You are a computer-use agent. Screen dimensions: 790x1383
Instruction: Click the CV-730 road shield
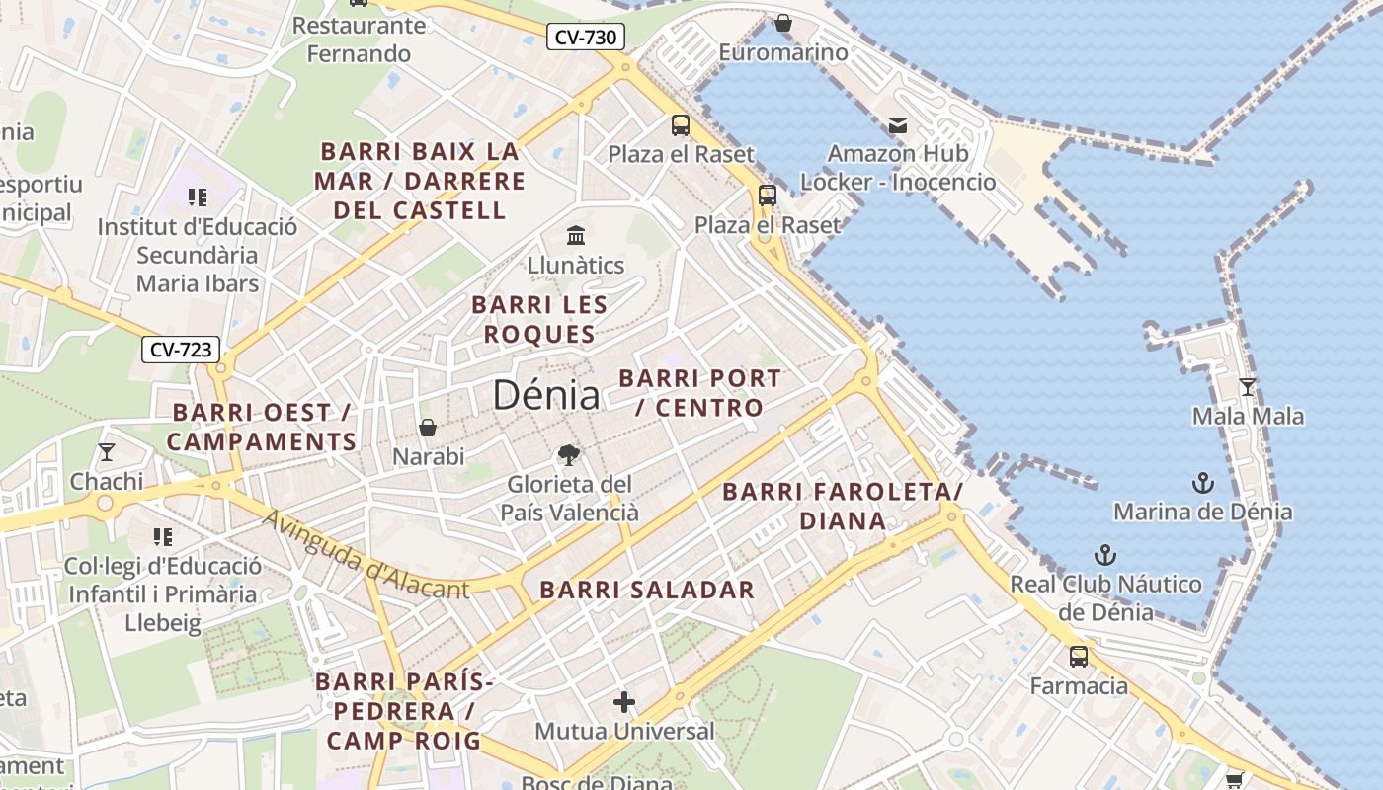586,38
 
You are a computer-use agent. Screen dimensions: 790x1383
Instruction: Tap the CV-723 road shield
180,349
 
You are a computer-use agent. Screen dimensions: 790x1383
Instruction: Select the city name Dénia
545,395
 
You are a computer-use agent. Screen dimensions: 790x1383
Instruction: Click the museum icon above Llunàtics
576,235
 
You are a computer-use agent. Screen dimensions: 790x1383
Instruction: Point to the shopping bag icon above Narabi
428,427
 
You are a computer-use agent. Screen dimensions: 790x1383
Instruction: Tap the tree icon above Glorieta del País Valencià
568,454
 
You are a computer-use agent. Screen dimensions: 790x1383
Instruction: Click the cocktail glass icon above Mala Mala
1248,386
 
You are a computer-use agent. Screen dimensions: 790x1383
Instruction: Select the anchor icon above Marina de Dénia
1202,482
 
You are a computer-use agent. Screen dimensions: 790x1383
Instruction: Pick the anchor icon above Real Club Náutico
1105,554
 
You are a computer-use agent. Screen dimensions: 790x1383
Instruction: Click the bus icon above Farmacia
1079,656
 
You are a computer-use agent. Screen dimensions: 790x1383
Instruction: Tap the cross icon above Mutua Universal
623,702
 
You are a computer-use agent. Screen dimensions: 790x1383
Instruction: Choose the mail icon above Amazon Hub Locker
898,124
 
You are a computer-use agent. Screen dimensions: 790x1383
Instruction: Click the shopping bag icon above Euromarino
783,22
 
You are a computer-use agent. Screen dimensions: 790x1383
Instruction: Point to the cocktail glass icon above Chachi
107,452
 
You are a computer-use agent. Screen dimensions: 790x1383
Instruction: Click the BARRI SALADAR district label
647,591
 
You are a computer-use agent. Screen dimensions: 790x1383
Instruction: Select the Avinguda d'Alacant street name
366,557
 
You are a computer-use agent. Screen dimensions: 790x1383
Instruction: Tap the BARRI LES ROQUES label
539,319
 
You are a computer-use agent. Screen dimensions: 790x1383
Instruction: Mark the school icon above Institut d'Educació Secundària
197,197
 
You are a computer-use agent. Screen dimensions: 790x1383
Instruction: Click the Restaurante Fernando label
359,39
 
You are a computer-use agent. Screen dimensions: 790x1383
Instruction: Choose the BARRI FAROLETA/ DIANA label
842,506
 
